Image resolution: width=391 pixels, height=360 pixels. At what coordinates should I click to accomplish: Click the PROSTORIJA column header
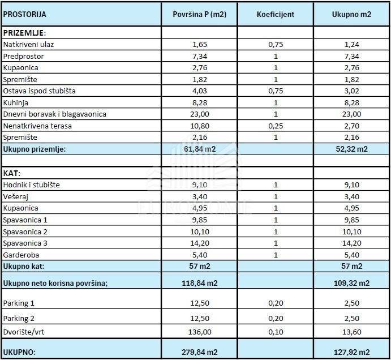[25, 14]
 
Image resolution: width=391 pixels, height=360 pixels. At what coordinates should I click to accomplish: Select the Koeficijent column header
[276, 14]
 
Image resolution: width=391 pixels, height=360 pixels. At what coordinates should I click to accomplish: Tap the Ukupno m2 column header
[351, 14]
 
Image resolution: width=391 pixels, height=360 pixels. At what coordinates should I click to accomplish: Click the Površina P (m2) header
[199, 14]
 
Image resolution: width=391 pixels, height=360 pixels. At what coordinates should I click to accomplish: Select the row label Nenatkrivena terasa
[37, 126]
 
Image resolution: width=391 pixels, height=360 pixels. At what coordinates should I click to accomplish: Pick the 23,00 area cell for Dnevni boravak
[200, 114]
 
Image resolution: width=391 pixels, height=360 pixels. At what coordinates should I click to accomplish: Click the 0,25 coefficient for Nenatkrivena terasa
[276, 126]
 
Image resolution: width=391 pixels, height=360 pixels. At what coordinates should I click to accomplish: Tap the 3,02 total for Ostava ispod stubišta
[351, 91]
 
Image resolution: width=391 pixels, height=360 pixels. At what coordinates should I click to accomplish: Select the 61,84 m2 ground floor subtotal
[200, 149]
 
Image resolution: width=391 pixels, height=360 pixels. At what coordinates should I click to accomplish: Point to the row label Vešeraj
[16, 196]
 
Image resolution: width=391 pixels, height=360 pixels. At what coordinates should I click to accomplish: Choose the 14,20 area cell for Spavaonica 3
[200, 243]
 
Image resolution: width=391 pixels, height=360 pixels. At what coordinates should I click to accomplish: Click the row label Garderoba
[20, 255]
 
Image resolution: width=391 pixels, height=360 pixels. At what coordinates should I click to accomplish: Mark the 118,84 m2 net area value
[200, 283]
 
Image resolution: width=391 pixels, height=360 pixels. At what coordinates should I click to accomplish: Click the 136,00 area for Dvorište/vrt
[200, 332]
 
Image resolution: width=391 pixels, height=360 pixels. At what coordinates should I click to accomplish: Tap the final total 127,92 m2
[351, 352]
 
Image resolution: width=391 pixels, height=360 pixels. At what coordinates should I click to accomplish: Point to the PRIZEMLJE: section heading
[24, 33]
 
